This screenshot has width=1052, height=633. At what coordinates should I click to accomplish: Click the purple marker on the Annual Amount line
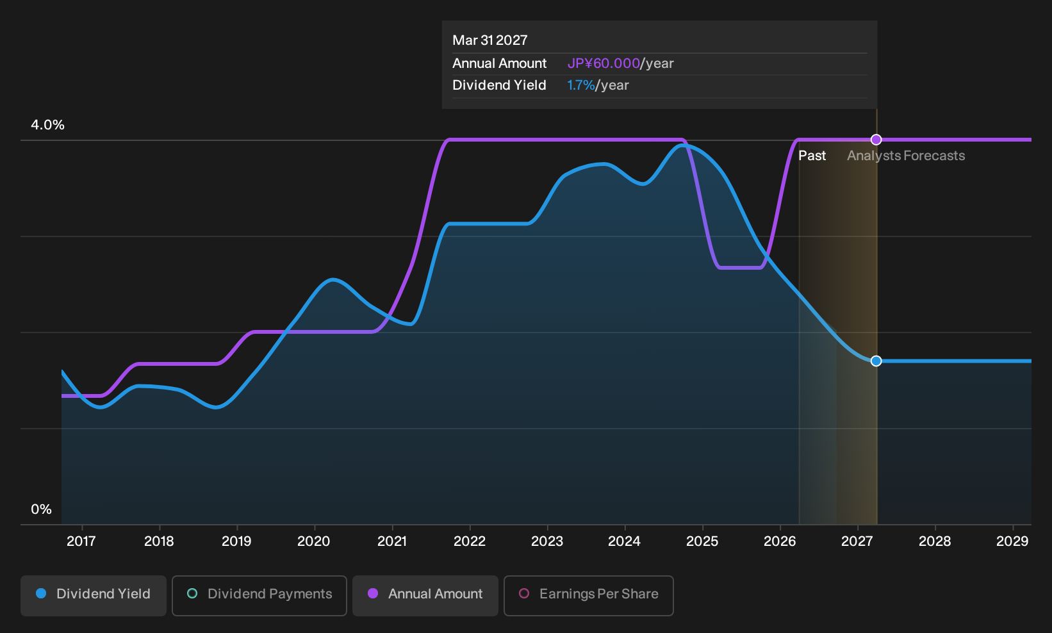[x=876, y=140]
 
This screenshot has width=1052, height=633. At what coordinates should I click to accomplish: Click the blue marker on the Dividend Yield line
[x=876, y=361]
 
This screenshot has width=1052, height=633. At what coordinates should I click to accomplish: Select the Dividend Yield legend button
[x=94, y=595]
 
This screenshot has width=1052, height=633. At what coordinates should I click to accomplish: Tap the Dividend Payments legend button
[x=259, y=595]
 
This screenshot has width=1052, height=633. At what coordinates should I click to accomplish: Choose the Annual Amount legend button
[x=425, y=595]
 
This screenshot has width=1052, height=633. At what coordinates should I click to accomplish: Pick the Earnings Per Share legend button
[x=588, y=595]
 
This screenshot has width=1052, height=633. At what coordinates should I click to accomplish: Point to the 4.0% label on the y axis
[x=47, y=125]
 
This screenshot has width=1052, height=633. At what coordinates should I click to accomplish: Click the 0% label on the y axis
[x=42, y=509]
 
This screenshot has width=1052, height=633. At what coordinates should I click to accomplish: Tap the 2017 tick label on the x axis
[x=81, y=541]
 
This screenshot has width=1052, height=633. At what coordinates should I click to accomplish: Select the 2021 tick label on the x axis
[x=392, y=541]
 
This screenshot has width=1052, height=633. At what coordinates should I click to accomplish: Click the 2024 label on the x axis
[x=625, y=541]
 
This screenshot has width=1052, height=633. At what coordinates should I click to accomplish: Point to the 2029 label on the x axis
[x=1012, y=541]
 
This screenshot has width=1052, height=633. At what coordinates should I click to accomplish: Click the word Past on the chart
[x=812, y=156]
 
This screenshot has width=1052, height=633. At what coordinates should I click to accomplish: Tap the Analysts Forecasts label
[x=906, y=156]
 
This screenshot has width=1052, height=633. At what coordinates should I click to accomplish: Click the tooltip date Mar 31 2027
[x=490, y=40]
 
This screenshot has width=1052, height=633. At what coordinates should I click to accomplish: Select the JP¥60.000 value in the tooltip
[x=604, y=63]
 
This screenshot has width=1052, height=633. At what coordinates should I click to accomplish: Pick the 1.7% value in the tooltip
[x=581, y=85]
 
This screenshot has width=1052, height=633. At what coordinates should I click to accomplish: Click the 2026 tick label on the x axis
[x=780, y=541]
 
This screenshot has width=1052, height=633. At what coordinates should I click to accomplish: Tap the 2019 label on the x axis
[x=236, y=541]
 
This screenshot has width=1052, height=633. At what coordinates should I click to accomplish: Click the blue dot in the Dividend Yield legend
[x=42, y=593]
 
